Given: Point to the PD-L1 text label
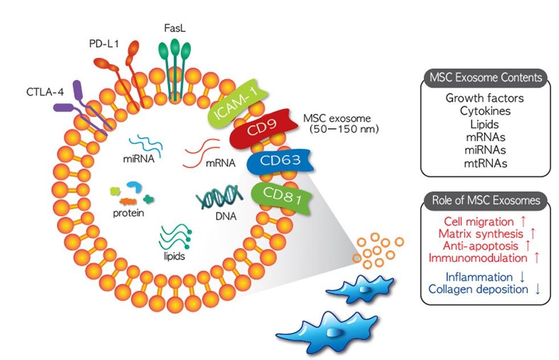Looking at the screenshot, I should pyautogui.click(x=104, y=43).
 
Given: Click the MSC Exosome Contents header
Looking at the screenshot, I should pyautogui.click(x=485, y=77).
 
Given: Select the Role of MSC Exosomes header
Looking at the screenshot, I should pyautogui.click(x=485, y=200).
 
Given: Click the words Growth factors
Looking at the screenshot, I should pyautogui.click(x=484, y=98).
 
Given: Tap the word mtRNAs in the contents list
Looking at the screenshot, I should pyautogui.click(x=484, y=163).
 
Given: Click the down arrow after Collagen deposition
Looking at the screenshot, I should pyautogui.click(x=537, y=290).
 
